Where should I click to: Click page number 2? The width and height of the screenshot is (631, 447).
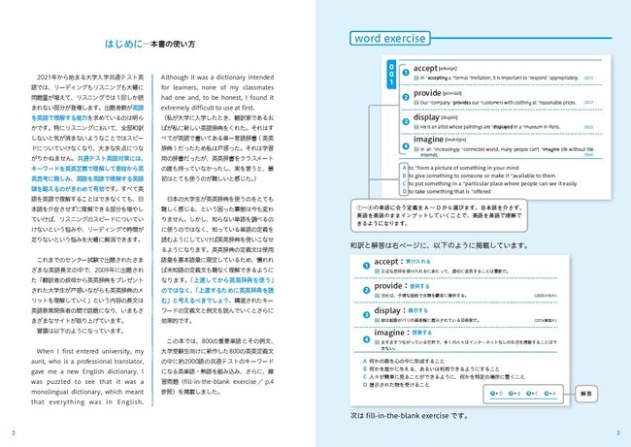(13, 431)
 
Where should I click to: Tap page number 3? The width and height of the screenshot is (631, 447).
(617, 431)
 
